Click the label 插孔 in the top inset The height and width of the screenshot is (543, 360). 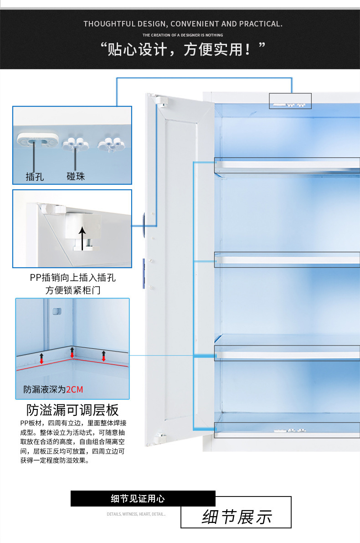(x=35, y=176)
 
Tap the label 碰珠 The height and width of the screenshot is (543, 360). (x=76, y=176)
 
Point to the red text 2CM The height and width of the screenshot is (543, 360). (x=75, y=389)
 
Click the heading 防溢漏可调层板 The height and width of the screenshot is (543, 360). (x=72, y=410)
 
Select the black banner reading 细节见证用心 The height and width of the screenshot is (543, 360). (x=143, y=499)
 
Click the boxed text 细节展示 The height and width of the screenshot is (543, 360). (x=237, y=517)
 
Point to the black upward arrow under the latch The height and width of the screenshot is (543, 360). (x=82, y=238)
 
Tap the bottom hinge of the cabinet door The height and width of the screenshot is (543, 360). (x=159, y=439)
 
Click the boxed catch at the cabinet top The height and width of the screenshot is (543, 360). (x=290, y=101)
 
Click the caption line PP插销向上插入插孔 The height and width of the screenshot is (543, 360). (x=73, y=278)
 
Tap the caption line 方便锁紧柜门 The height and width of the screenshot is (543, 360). (x=73, y=290)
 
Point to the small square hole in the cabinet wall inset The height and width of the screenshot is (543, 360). (x=57, y=311)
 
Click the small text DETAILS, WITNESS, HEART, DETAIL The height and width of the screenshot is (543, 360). (x=136, y=514)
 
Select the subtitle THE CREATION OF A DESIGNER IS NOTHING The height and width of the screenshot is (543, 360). (x=183, y=35)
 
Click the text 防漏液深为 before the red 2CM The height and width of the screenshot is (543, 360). (x=45, y=389)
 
